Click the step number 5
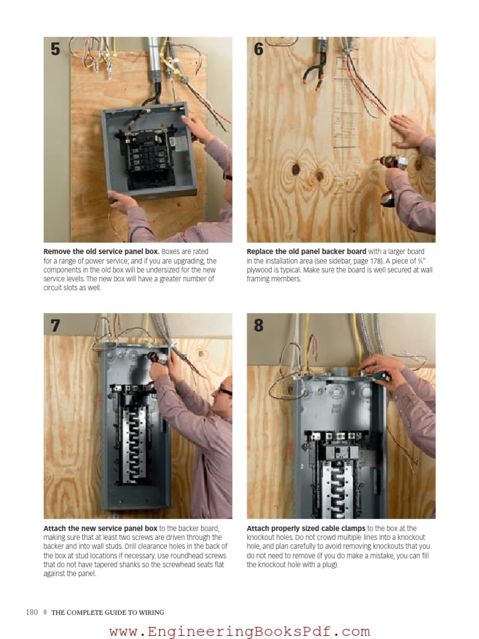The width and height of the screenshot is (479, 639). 56,49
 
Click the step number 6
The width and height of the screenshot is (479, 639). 259,49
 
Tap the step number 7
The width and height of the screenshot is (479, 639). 56,325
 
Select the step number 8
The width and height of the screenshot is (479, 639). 259,325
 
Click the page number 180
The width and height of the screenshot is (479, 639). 32,612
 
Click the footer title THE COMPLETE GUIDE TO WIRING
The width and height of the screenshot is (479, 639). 108,612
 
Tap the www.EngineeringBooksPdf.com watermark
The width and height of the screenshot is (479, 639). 239,631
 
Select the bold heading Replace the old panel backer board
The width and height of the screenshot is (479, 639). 307,252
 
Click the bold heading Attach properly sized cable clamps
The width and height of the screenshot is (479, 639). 306,529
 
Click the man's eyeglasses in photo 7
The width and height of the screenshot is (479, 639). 224,391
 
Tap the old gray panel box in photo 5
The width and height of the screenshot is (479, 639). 150,150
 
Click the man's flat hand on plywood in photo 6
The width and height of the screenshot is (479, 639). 409,130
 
